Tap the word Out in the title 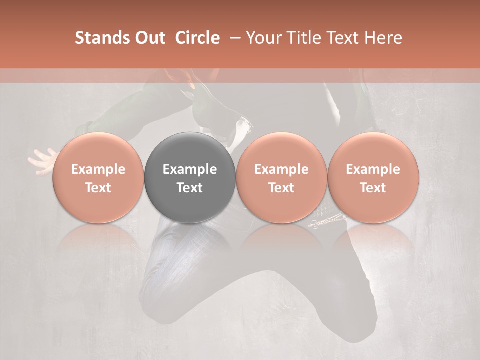click(149, 38)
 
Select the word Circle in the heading click(197, 38)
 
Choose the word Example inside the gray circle click(190, 169)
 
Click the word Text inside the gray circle click(190, 188)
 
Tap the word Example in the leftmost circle click(98, 169)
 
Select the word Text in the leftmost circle click(98, 188)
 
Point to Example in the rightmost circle click(373, 169)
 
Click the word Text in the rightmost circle click(373, 188)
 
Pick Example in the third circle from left click(281, 169)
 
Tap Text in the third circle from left click(281, 188)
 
